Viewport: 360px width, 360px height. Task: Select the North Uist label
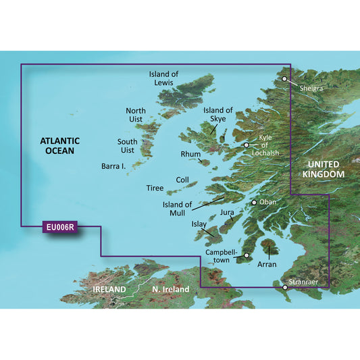point(136,115)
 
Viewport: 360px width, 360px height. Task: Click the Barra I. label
point(115,165)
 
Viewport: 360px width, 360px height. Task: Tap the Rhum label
point(191,155)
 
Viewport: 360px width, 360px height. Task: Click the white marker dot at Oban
point(254,202)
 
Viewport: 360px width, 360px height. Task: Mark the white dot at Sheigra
point(285,79)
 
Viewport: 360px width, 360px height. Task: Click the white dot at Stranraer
point(285,288)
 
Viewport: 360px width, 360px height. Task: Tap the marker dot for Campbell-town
point(247,256)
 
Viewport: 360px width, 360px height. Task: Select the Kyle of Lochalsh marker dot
point(247,145)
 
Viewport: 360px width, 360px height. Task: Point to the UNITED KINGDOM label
point(326,170)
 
